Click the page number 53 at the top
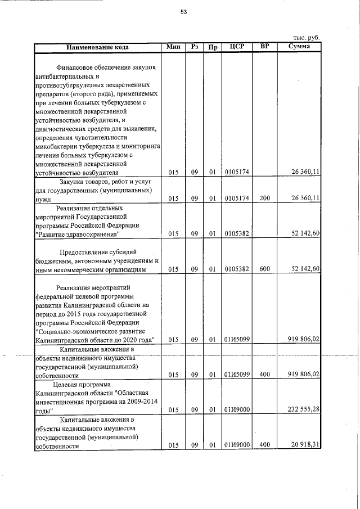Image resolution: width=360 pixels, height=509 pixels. click(x=183, y=12)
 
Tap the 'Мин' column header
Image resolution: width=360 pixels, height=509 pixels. click(x=173, y=47)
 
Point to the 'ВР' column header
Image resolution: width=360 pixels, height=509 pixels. click(x=264, y=46)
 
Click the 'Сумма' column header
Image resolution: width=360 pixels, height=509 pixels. click(x=299, y=46)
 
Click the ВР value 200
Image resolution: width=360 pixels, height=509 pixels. click(x=264, y=198)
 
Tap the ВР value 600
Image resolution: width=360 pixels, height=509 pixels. click(x=264, y=269)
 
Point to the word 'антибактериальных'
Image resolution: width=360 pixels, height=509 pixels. click(x=65, y=76)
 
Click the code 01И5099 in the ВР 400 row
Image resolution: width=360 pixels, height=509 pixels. click(x=237, y=374)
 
